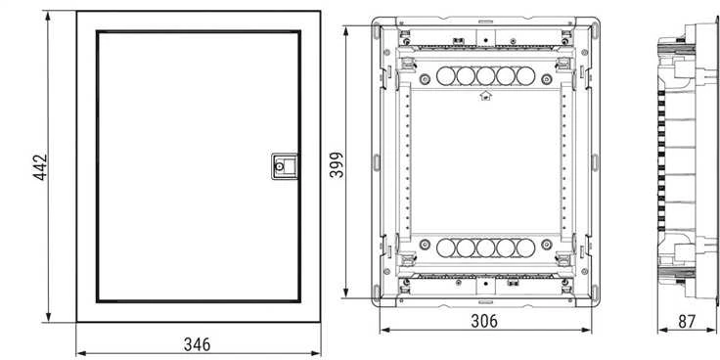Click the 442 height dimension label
40,167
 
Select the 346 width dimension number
197,344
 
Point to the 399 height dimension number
337,164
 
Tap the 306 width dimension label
484,321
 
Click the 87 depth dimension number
687,322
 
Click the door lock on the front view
285,165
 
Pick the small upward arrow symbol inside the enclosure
485,96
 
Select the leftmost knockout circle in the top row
445,75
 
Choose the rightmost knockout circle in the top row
525,75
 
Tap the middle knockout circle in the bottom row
485,247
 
